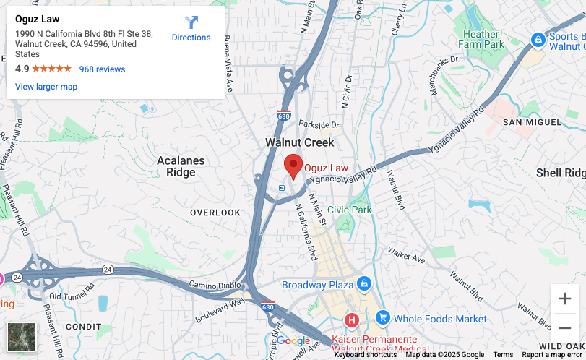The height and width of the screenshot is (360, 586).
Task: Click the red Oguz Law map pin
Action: pos(293,166)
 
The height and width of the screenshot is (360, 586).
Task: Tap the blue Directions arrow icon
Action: pos(191,23)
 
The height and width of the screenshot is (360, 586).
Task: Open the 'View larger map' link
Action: pos(46,87)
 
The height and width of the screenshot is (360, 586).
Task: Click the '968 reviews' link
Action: pos(102,69)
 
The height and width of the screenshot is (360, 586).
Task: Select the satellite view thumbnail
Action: pos(22,337)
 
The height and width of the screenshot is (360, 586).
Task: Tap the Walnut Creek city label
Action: pos(299,142)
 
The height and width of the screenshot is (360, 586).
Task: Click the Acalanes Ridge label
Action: pos(181,166)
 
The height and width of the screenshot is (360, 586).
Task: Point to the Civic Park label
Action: pos(349,210)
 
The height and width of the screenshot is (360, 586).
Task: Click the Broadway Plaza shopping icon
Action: pos(364,284)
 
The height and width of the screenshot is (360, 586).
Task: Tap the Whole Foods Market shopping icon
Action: pos(382,318)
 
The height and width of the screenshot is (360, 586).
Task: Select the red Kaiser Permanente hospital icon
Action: pos(352,319)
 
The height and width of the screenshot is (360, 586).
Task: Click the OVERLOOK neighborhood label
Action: pos(215,213)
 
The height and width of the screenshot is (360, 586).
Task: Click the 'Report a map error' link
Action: pos(552,355)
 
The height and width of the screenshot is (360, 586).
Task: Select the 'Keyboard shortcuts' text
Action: pos(365,355)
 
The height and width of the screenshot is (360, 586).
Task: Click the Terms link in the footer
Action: pos(503,355)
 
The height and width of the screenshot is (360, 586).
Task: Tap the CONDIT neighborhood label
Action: pos(84,327)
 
